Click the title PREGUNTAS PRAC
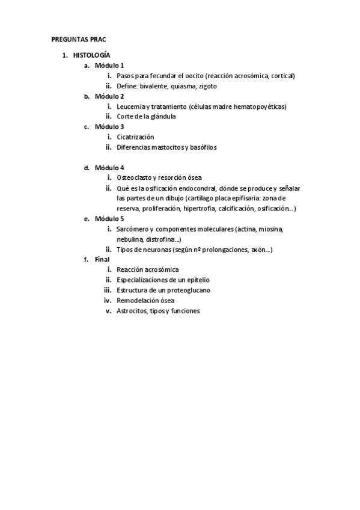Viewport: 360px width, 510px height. [x=78, y=39]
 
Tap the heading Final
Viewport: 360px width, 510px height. [x=103, y=260]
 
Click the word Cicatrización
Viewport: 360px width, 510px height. [x=135, y=137]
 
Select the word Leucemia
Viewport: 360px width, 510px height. [x=130, y=106]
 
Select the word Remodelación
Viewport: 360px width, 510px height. [x=139, y=301]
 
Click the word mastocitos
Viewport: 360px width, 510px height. [x=169, y=147]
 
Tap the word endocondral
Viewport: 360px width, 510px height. [x=196, y=188]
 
